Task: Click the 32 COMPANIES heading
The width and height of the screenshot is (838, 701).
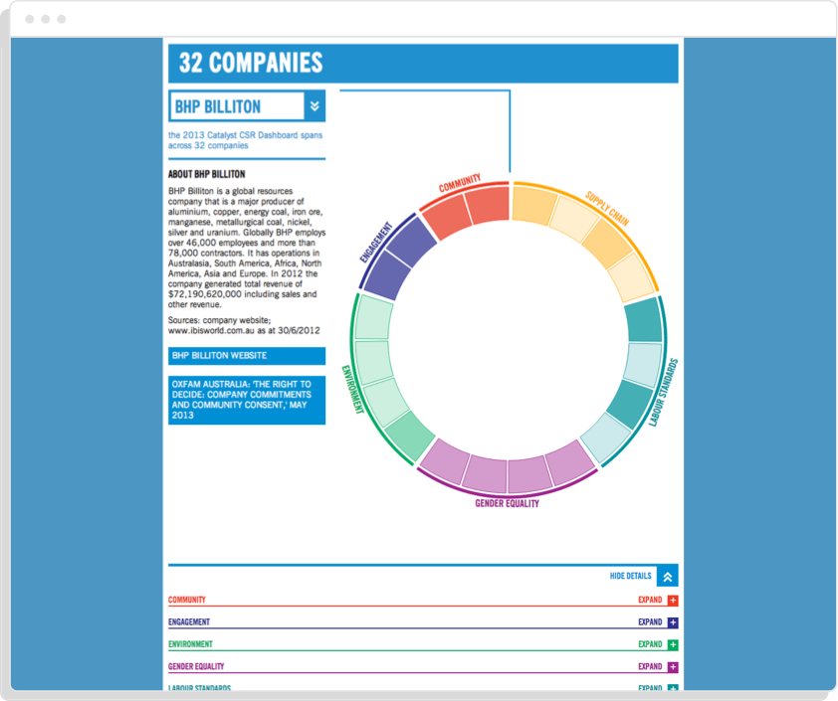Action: point(251,63)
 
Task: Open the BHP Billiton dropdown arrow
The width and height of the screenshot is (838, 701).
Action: point(314,106)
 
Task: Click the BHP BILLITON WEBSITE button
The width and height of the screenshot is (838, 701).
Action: point(247,356)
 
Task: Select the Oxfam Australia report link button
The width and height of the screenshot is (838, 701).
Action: point(247,399)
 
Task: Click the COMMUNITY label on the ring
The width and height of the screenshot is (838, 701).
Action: point(460,183)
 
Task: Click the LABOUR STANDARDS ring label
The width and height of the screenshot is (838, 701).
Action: point(663,393)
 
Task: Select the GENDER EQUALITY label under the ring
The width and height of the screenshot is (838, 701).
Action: point(508,503)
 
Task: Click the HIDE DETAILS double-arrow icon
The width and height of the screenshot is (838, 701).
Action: point(667,576)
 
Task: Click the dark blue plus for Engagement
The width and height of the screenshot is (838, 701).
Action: point(673,622)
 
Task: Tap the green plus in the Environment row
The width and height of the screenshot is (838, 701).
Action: point(673,644)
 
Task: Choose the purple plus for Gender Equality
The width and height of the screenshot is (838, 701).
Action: point(673,667)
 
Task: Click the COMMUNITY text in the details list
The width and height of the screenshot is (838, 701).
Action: point(187,600)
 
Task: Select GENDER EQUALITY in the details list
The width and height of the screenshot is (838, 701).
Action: point(196,666)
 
